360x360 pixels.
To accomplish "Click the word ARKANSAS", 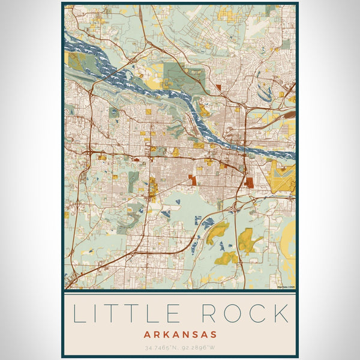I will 180,334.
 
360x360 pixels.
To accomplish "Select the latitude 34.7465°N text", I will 158,348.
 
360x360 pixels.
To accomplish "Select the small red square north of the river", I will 218,88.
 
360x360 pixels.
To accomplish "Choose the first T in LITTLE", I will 116,314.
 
